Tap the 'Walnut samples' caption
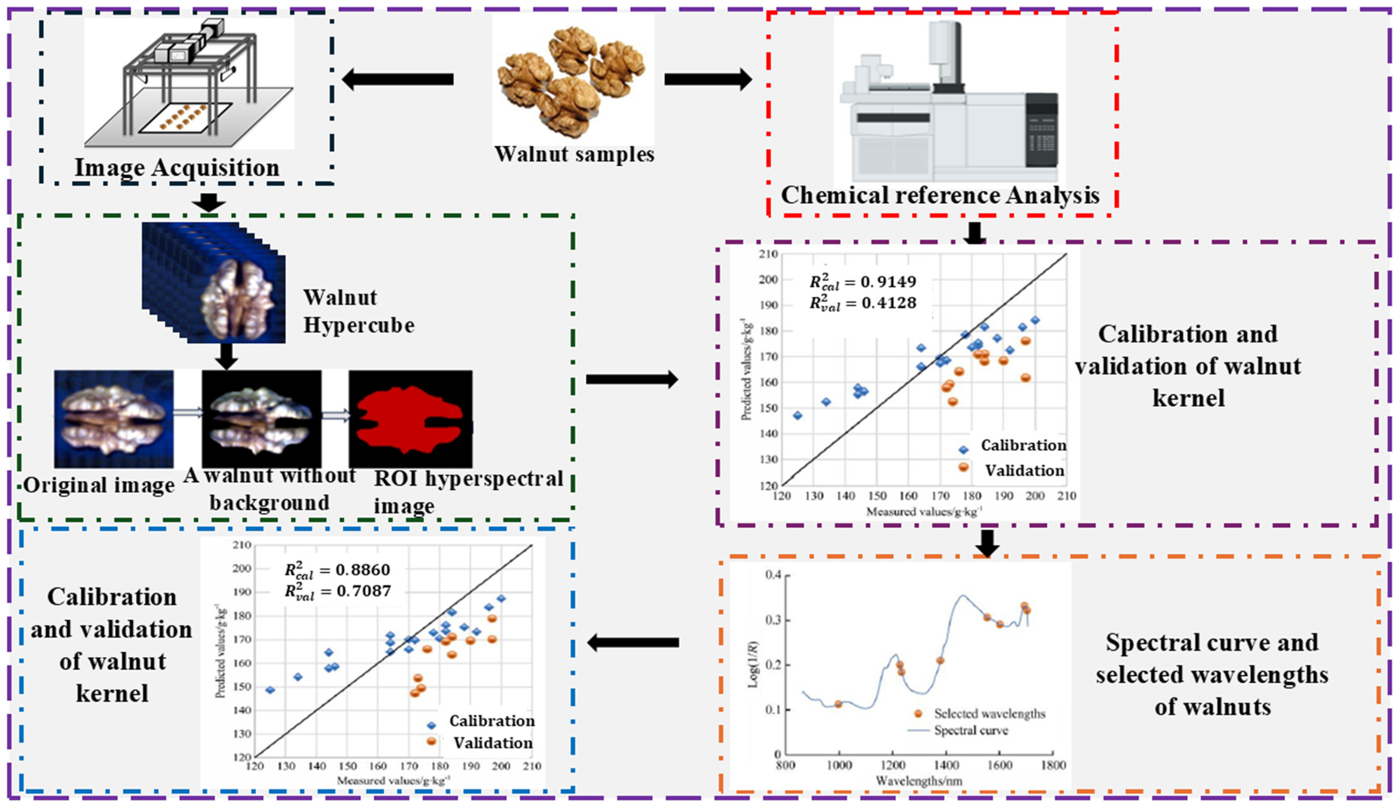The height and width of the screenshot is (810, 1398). (x=574, y=154)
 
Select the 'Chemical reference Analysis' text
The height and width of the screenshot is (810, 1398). (x=940, y=195)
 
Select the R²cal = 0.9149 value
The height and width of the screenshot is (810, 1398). (x=863, y=282)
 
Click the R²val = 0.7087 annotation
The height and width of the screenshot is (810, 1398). (x=337, y=591)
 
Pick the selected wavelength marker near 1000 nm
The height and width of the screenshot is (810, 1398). (x=838, y=704)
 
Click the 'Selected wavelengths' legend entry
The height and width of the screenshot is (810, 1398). (x=989, y=714)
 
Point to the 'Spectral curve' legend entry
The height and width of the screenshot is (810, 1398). (x=971, y=730)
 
